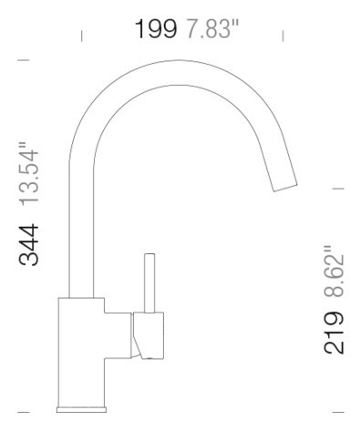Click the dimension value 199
[x=155, y=29]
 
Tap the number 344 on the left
[x=29, y=245]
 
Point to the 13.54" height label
[x=29, y=173]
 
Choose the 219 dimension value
[x=334, y=333]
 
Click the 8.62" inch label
[x=334, y=271]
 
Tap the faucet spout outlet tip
[x=285, y=188]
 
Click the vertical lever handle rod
[x=149, y=283]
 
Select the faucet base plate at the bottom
[x=81, y=410]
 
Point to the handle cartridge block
[x=149, y=335]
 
